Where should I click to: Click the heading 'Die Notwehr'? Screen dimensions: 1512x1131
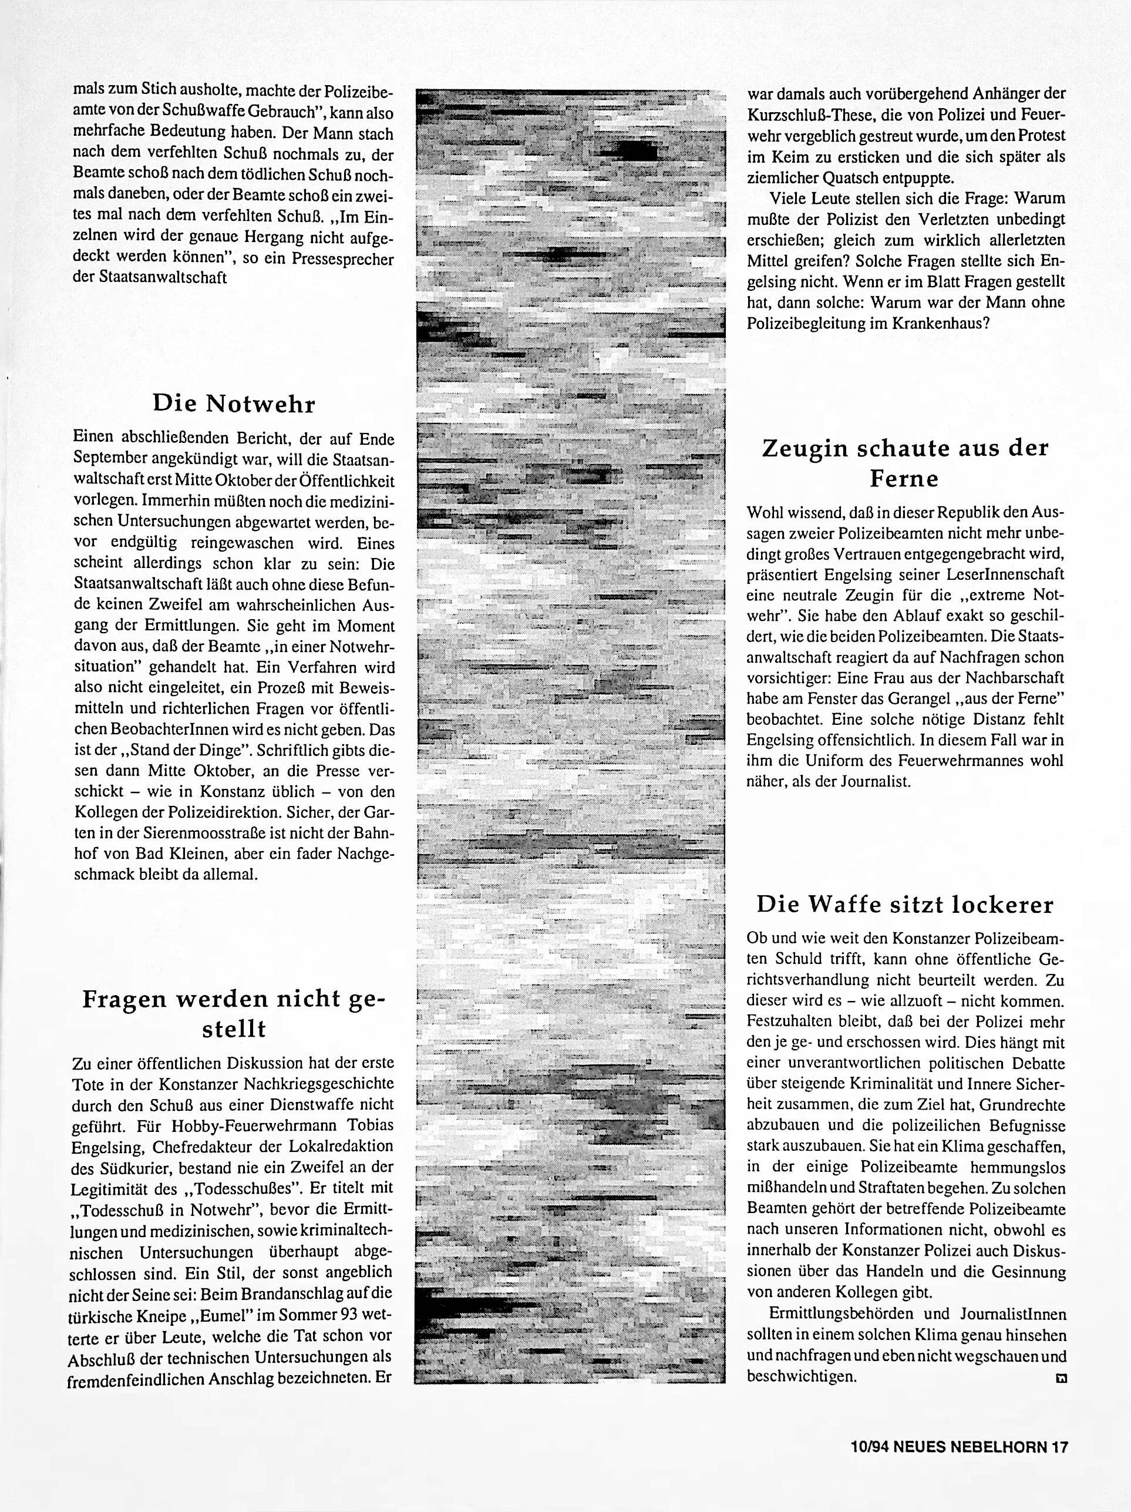(x=234, y=404)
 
